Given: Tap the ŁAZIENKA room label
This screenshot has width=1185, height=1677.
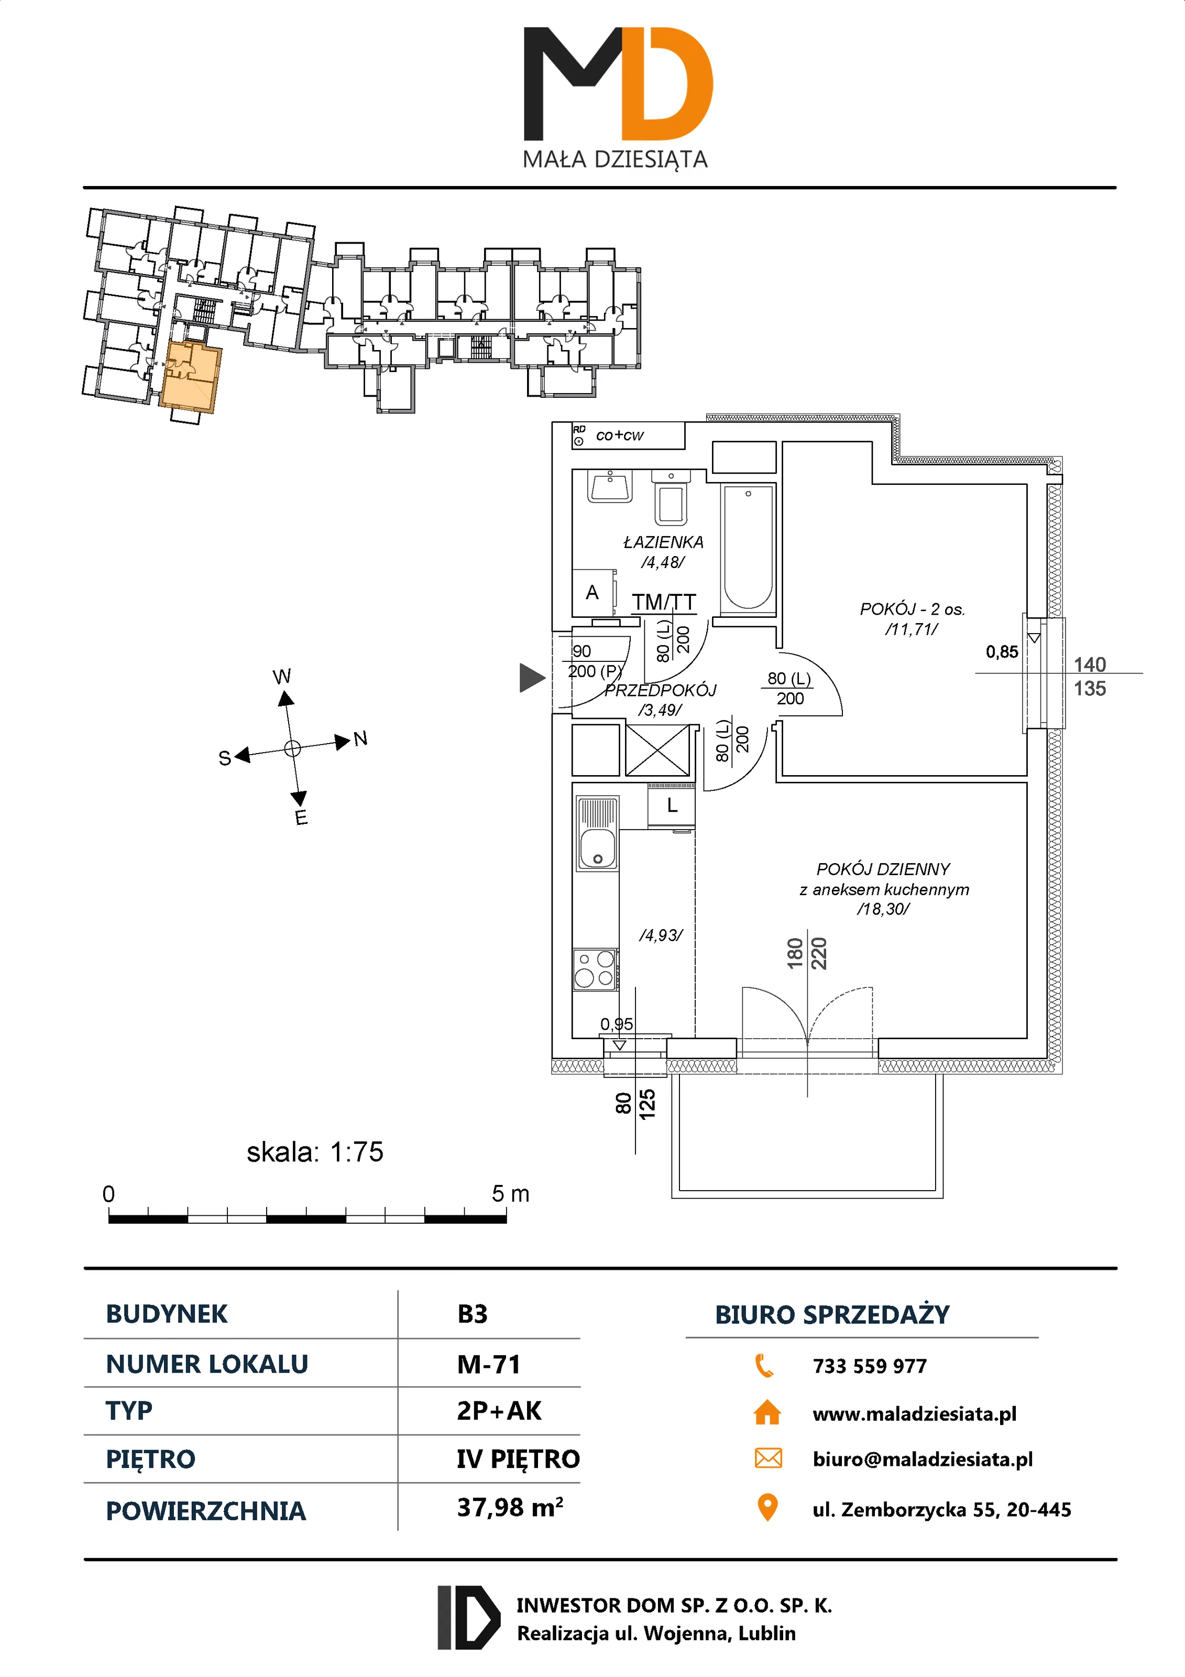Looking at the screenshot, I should (663, 542).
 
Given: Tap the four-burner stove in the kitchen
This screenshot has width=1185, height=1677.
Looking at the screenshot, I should (595, 968).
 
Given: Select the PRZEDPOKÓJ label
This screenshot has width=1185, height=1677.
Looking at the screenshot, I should (660, 690).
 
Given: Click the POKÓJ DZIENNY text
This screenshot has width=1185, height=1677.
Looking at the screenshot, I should (883, 869).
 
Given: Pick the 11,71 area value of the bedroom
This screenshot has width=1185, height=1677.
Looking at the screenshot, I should (911, 629).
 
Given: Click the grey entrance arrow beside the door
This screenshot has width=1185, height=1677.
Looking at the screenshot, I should (532, 677).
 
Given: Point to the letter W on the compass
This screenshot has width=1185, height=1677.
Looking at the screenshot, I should (282, 677).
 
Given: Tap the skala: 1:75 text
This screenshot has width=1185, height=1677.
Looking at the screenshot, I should (315, 1152).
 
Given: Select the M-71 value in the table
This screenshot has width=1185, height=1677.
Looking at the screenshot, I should (488, 1364).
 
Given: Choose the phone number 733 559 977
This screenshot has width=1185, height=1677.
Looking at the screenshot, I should (869, 1366).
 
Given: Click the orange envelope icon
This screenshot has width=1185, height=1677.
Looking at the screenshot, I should (767, 1458).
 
